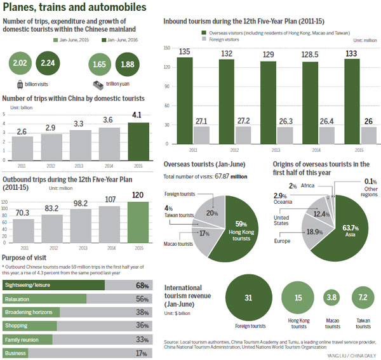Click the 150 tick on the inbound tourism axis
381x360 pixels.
coord(168,48)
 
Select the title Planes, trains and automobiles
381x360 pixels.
coord(74,8)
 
